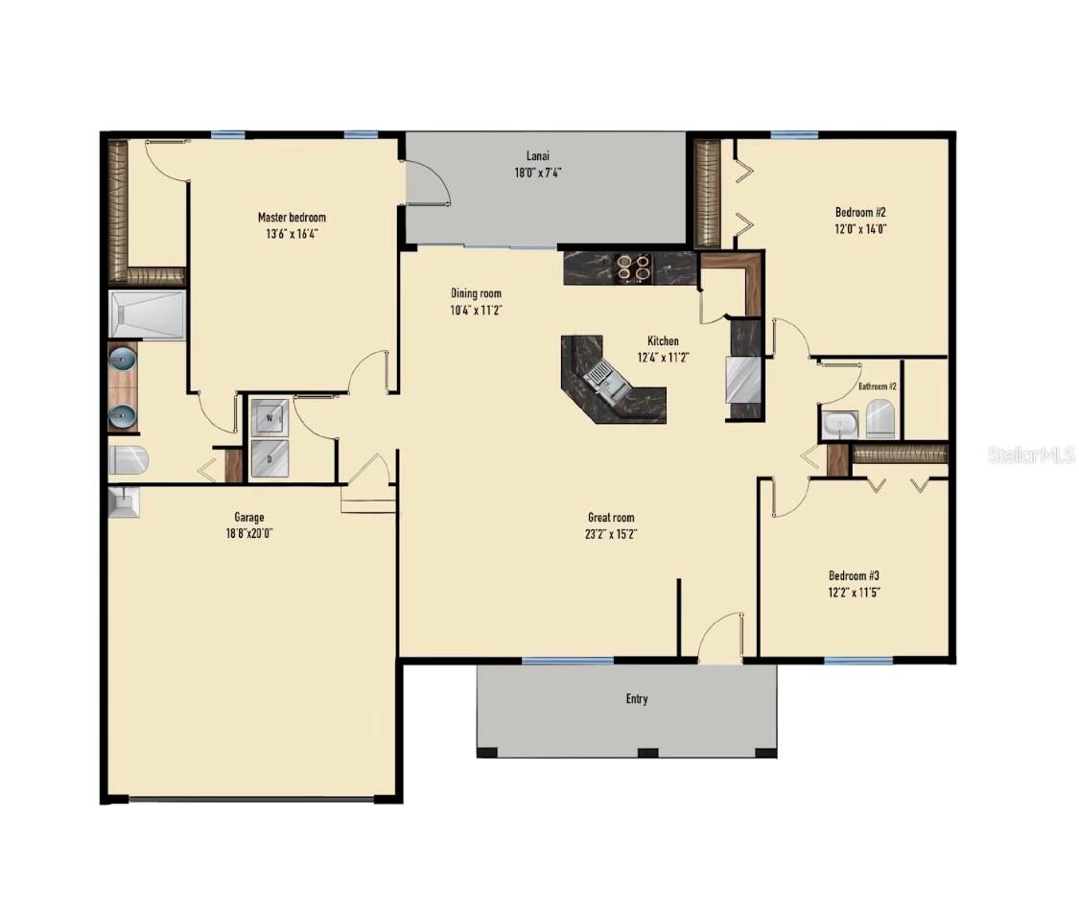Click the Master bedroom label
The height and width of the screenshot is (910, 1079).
292,218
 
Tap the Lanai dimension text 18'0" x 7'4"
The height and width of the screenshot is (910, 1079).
537,174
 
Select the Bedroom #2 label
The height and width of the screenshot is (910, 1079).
854,212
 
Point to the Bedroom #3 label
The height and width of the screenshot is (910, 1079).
854,575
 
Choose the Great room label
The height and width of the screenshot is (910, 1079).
611,518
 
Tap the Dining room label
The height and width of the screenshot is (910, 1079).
476,293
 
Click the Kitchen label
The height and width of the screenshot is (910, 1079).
663,341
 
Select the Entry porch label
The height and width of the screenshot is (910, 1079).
637,699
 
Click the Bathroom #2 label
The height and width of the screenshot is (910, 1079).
877,386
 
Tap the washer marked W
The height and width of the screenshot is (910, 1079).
269,418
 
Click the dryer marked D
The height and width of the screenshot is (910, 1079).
269,458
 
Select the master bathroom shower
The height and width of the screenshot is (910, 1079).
146,315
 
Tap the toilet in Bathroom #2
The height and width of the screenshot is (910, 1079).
880,419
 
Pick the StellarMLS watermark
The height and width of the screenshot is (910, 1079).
1031,455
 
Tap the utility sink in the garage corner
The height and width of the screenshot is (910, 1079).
125,502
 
